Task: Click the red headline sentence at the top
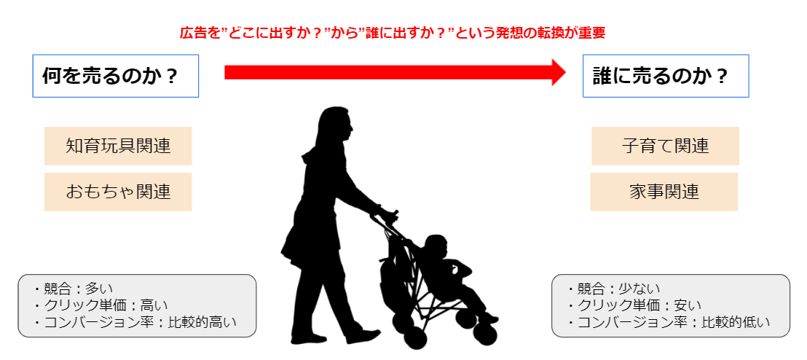coord(392,33)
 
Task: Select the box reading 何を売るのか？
coord(116,76)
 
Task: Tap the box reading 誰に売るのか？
coord(666,76)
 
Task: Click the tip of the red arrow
coord(566,72)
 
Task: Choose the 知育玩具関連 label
coord(118,146)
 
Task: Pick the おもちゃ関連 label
coord(118,192)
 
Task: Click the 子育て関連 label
coord(665,146)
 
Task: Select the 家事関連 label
coord(664,192)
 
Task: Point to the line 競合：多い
coord(73,289)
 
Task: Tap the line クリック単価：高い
coord(101,305)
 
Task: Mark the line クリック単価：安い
coord(634,305)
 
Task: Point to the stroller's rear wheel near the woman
coord(404,324)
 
